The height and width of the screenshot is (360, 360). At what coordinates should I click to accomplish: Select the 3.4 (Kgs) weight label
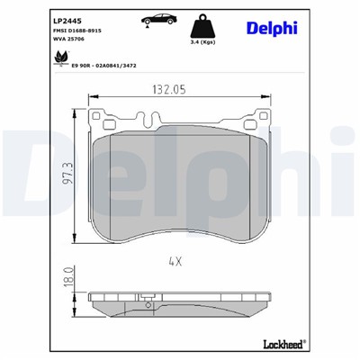tap(201, 41)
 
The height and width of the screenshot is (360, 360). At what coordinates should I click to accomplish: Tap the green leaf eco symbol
tap(61, 56)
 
